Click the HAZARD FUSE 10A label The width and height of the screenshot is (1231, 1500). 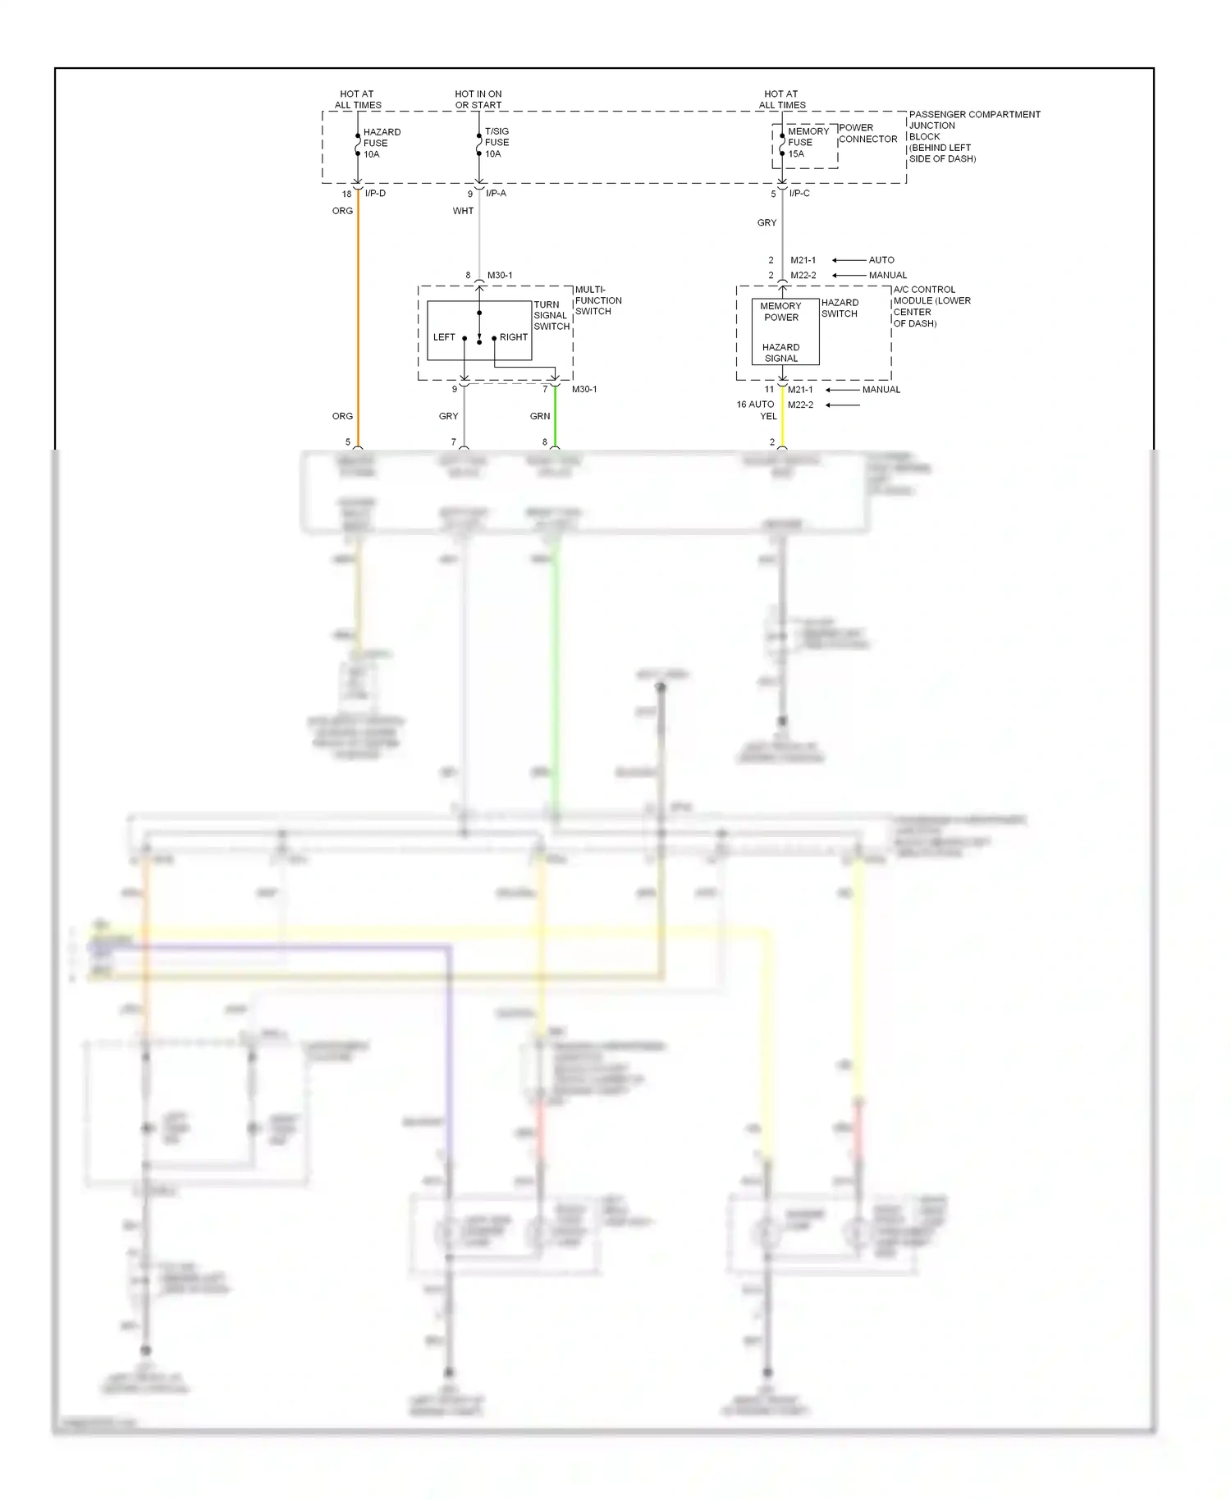click(x=381, y=143)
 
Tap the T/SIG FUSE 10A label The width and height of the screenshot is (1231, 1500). click(x=497, y=143)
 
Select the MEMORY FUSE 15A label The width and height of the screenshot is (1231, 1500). click(x=807, y=142)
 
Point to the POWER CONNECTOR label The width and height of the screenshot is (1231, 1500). click(x=867, y=134)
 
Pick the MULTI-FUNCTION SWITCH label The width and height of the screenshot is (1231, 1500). click(x=597, y=300)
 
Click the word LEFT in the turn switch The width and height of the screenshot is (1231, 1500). click(x=444, y=337)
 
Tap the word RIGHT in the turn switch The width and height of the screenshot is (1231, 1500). click(x=514, y=337)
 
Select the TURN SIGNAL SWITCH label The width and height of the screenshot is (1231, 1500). click(x=551, y=315)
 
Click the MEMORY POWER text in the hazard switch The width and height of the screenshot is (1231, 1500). click(x=780, y=312)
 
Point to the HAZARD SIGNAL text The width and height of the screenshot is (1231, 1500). click(x=780, y=353)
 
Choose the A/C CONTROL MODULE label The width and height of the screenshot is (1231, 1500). click(x=931, y=306)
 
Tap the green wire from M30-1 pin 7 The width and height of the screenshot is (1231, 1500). click(x=555, y=417)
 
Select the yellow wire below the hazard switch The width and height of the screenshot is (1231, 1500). click(x=782, y=418)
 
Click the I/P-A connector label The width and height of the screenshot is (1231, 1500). click(x=496, y=194)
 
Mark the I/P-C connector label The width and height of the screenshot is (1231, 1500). click(x=799, y=194)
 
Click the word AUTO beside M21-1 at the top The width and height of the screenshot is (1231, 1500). click(x=881, y=260)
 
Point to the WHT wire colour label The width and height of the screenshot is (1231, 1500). click(x=463, y=211)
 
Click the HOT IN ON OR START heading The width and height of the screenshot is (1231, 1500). click(x=478, y=99)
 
